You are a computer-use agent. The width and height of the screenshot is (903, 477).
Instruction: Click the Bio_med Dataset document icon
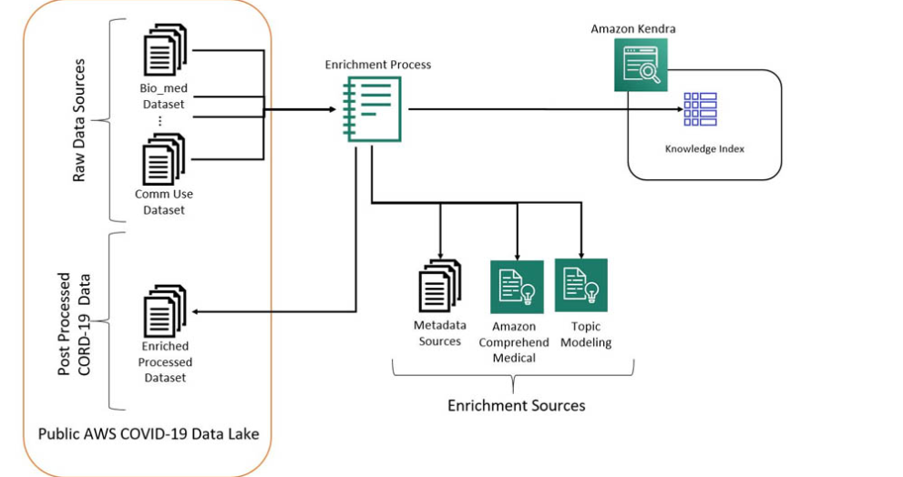tap(165, 50)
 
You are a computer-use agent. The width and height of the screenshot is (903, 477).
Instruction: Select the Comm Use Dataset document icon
tap(164, 159)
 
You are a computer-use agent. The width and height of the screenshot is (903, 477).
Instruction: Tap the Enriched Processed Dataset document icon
tap(165, 310)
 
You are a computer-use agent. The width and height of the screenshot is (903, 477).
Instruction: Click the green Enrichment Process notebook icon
tap(372, 108)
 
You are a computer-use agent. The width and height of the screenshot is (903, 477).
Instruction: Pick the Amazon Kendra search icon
tap(641, 65)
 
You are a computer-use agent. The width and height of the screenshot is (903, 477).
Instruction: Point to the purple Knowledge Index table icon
tap(701, 109)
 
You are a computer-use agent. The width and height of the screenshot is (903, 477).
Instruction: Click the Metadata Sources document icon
tap(439, 286)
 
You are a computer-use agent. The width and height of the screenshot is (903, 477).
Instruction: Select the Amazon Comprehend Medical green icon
tap(517, 287)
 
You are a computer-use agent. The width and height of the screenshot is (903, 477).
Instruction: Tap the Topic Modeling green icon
tap(581, 285)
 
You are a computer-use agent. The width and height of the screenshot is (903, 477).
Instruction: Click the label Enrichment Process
tap(378, 65)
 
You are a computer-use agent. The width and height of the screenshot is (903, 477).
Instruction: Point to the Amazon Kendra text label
tap(633, 28)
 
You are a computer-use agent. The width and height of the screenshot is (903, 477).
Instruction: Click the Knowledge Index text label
tap(704, 148)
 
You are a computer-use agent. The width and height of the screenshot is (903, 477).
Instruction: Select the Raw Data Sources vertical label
tap(78, 120)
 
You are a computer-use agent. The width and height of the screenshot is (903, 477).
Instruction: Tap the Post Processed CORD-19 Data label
tap(75, 324)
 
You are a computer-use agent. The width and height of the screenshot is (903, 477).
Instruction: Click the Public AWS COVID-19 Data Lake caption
tap(149, 433)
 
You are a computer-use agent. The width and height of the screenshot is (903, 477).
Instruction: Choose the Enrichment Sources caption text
tap(517, 406)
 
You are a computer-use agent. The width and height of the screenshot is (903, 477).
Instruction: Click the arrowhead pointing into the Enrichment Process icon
tap(333, 109)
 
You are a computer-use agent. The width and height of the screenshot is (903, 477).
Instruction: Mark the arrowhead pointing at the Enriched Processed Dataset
tap(196, 312)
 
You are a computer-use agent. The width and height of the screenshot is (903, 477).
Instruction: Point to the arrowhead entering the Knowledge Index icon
tap(680, 108)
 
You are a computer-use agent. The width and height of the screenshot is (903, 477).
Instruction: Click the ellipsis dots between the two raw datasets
tap(160, 121)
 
